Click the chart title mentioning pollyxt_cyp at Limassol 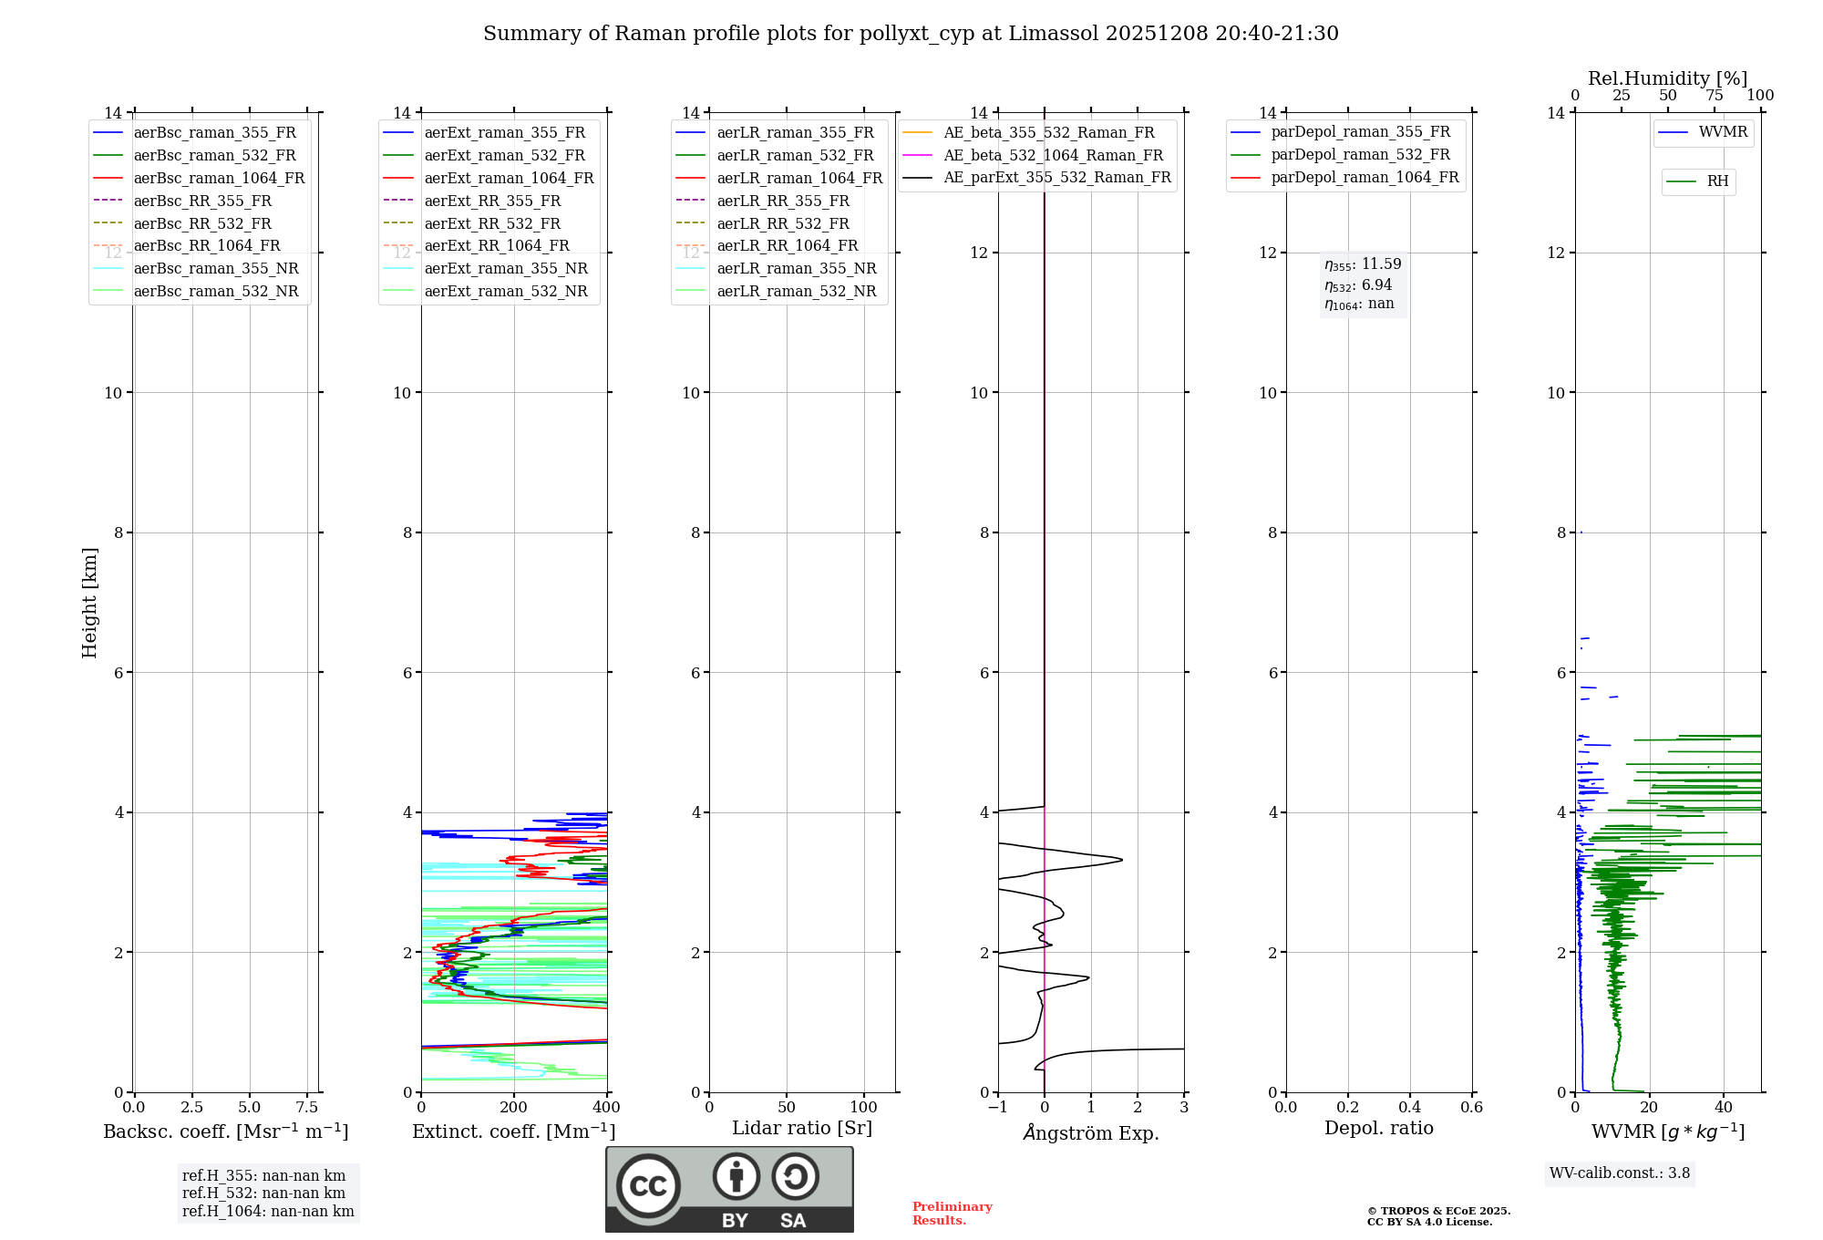point(911,34)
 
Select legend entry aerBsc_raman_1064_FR point(219,178)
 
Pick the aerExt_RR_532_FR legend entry point(492,223)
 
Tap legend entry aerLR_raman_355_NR point(796,268)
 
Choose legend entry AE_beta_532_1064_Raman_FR point(1053,155)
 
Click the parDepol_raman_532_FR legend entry point(1360,155)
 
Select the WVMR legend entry point(1723,132)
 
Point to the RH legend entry point(1717,181)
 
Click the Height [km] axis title point(89,602)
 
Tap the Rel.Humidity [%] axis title point(1667,78)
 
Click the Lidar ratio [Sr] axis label point(802,1128)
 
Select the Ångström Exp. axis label point(1091,1132)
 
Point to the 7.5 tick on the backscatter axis point(307,1107)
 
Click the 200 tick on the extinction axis point(514,1107)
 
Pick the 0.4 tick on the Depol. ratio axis point(1409,1107)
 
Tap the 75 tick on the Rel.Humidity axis point(1715,96)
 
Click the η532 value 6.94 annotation point(1359,285)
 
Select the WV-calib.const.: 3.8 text point(1620,1173)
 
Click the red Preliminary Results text point(952,1214)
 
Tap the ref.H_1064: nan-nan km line point(268,1211)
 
